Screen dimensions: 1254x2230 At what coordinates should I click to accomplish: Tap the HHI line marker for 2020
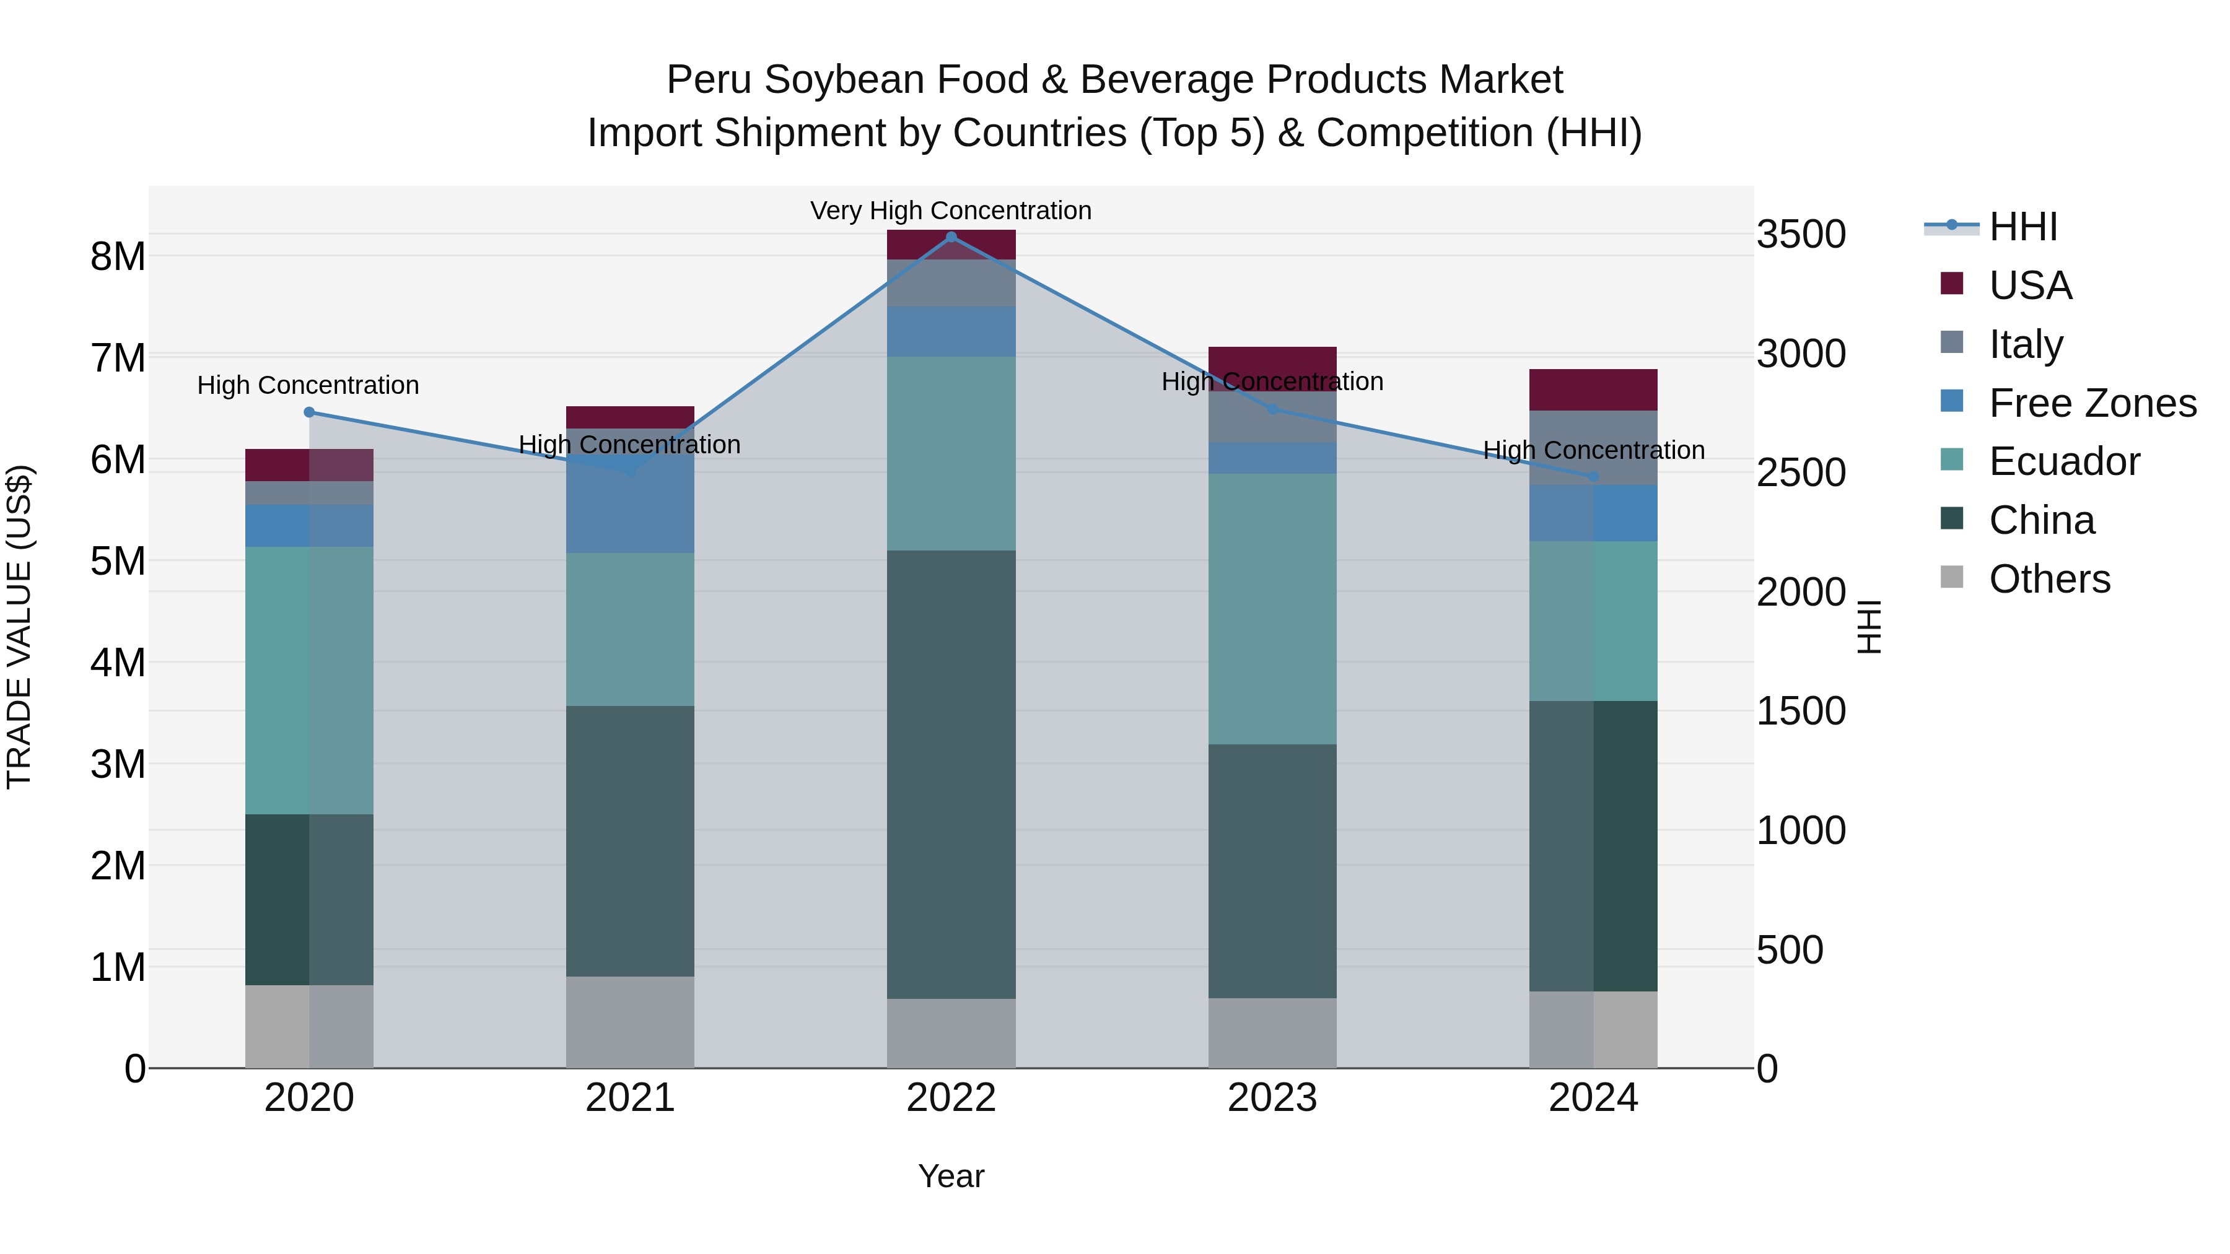(x=309, y=412)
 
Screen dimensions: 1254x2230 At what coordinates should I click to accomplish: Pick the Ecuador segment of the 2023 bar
(x=1272, y=608)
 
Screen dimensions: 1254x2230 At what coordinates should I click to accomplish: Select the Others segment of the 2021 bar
(x=629, y=1022)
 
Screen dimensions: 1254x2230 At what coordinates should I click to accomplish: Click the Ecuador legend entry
(x=2064, y=461)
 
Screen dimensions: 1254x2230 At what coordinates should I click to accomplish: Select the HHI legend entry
(x=2022, y=227)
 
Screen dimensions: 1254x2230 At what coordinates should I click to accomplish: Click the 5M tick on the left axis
(x=118, y=561)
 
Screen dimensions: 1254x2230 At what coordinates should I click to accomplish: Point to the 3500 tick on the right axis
(x=1801, y=235)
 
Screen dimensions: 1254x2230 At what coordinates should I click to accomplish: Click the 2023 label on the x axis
(x=1272, y=1098)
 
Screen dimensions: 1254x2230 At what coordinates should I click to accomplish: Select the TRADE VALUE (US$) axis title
(x=19, y=627)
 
